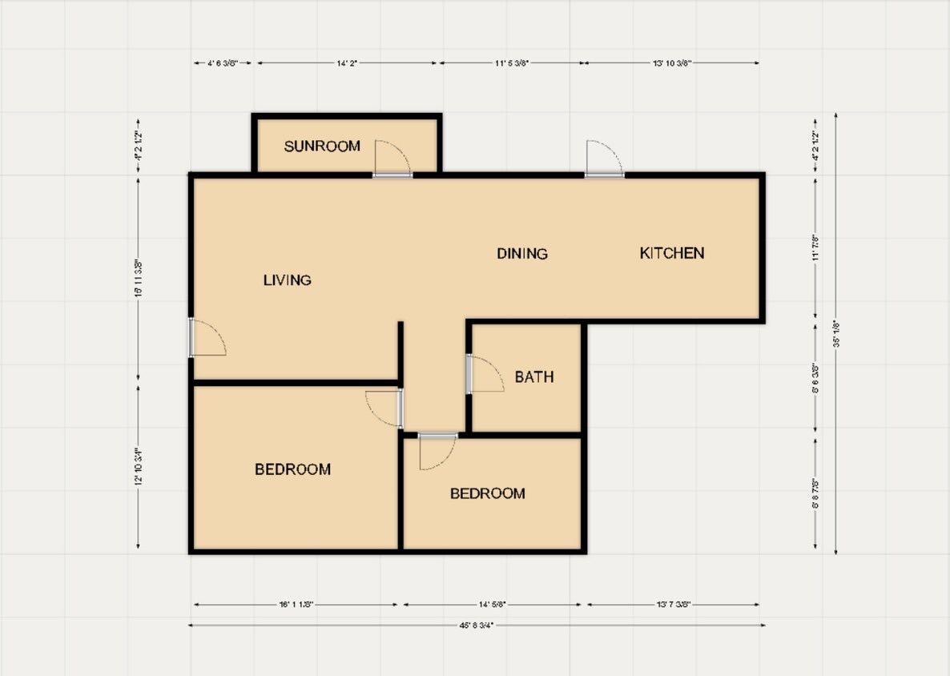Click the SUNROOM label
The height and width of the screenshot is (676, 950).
[322, 147]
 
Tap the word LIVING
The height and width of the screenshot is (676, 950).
[287, 280]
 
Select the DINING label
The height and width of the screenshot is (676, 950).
[522, 254]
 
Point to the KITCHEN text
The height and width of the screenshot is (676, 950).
[672, 253]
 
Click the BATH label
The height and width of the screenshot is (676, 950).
[534, 377]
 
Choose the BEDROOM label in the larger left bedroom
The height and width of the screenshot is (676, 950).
[292, 469]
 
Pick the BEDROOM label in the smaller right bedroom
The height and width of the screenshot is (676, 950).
[487, 493]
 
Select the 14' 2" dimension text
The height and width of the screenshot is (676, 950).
[347, 62]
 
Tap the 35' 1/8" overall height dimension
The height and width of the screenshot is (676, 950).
[836, 333]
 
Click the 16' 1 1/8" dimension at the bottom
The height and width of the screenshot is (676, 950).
[296, 605]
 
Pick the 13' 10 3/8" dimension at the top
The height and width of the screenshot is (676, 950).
[672, 62]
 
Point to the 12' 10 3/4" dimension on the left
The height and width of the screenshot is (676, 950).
[138, 467]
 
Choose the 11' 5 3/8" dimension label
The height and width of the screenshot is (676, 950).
[510, 62]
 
